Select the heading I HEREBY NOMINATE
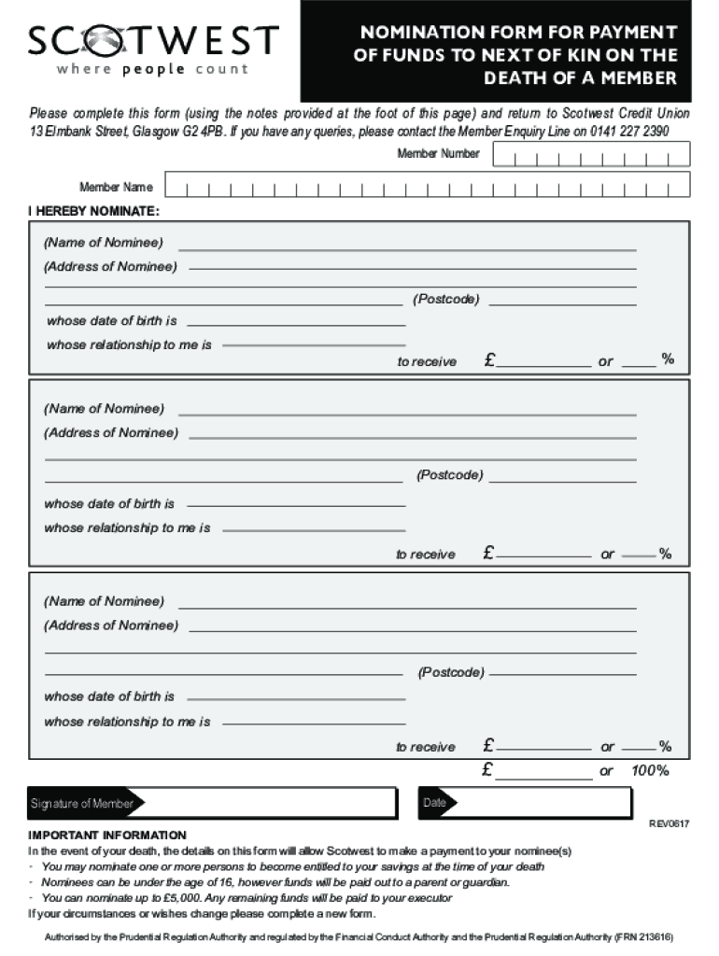pyautogui.click(x=93, y=212)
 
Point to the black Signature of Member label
pyautogui.click(x=81, y=804)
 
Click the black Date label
pyautogui.click(x=435, y=803)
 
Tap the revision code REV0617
pyautogui.click(x=670, y=823)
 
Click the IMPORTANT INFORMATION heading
pyautogui.click(x=107, y=835)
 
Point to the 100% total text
pyautogui.click(x=650, y=771)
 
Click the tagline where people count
pyautogui.click(x=152, y=69)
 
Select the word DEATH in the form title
pyautogui.click(x=519, y=78)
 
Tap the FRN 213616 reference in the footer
pyautogui.click(x=643, y=936)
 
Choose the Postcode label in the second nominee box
pyautogui.click(x=449, y=475)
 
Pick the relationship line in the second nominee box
pyautogui.click(x=314, y=529)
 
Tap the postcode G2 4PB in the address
pyautogui.click(x=224, y=132)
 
